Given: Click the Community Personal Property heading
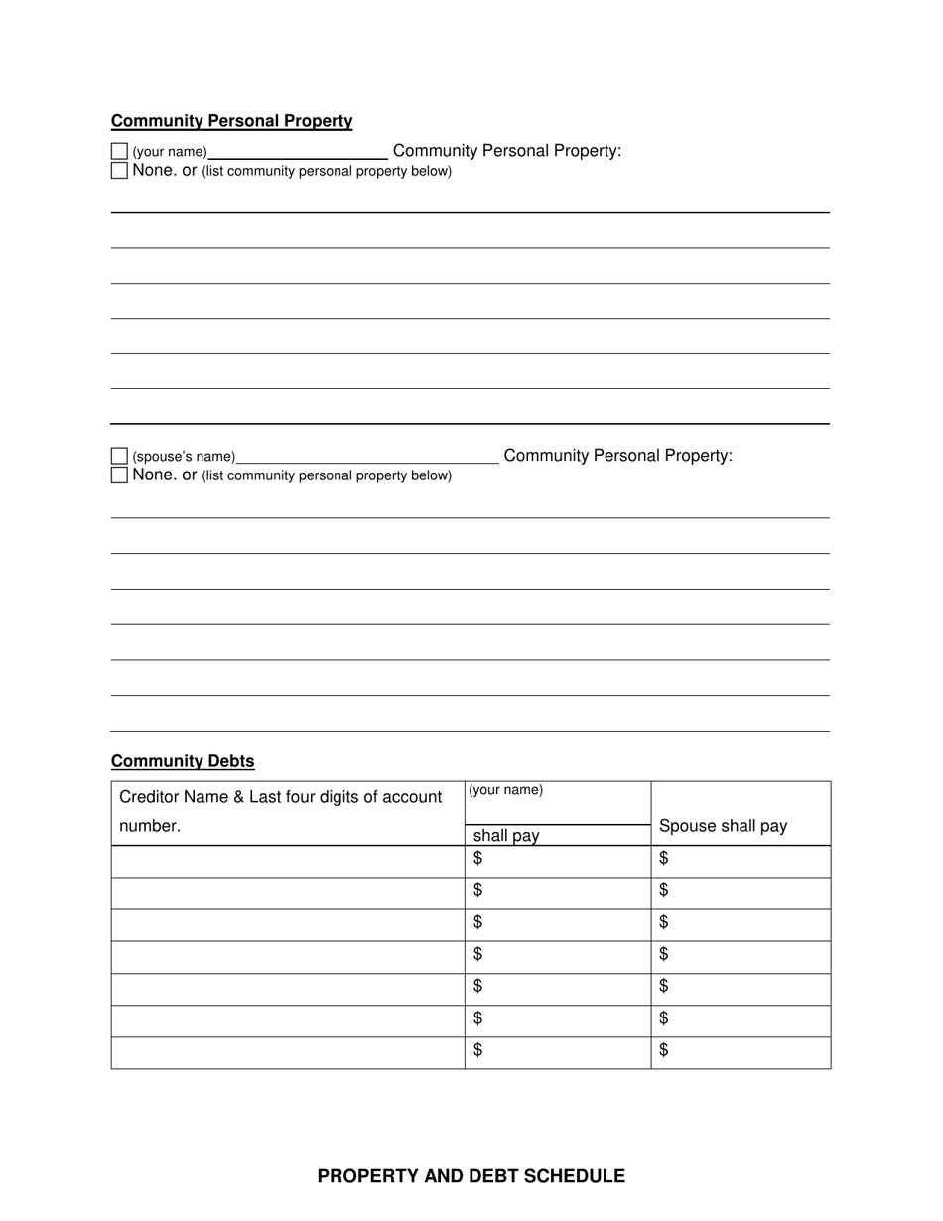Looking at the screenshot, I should [231, 121].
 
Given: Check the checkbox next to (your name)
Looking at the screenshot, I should [119, 151].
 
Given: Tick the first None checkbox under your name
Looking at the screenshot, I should [119, 170].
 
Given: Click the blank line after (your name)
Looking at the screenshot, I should [298, 152].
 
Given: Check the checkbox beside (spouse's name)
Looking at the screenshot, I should [119, 456].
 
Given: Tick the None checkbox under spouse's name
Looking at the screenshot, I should [119, 475].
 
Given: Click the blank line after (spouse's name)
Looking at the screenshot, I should [367, 457].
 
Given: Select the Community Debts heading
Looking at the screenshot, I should [183, 761].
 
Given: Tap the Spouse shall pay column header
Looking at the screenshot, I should [723, 826].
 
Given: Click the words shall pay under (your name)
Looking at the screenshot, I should [506, 836].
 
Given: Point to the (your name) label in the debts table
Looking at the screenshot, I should [505, 790].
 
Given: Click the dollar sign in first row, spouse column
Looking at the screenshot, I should [663, 858].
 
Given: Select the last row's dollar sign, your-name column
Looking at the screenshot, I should [477, 1050].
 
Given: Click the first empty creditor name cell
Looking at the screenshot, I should [287, 862].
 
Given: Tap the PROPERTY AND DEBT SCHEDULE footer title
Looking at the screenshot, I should [471, 1176].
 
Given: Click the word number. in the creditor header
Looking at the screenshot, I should [150, 826].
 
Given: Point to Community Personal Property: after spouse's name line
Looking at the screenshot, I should [617, 456].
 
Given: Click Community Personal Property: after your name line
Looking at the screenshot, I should [507, 151].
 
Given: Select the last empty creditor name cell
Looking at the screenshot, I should [287, 1053].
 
